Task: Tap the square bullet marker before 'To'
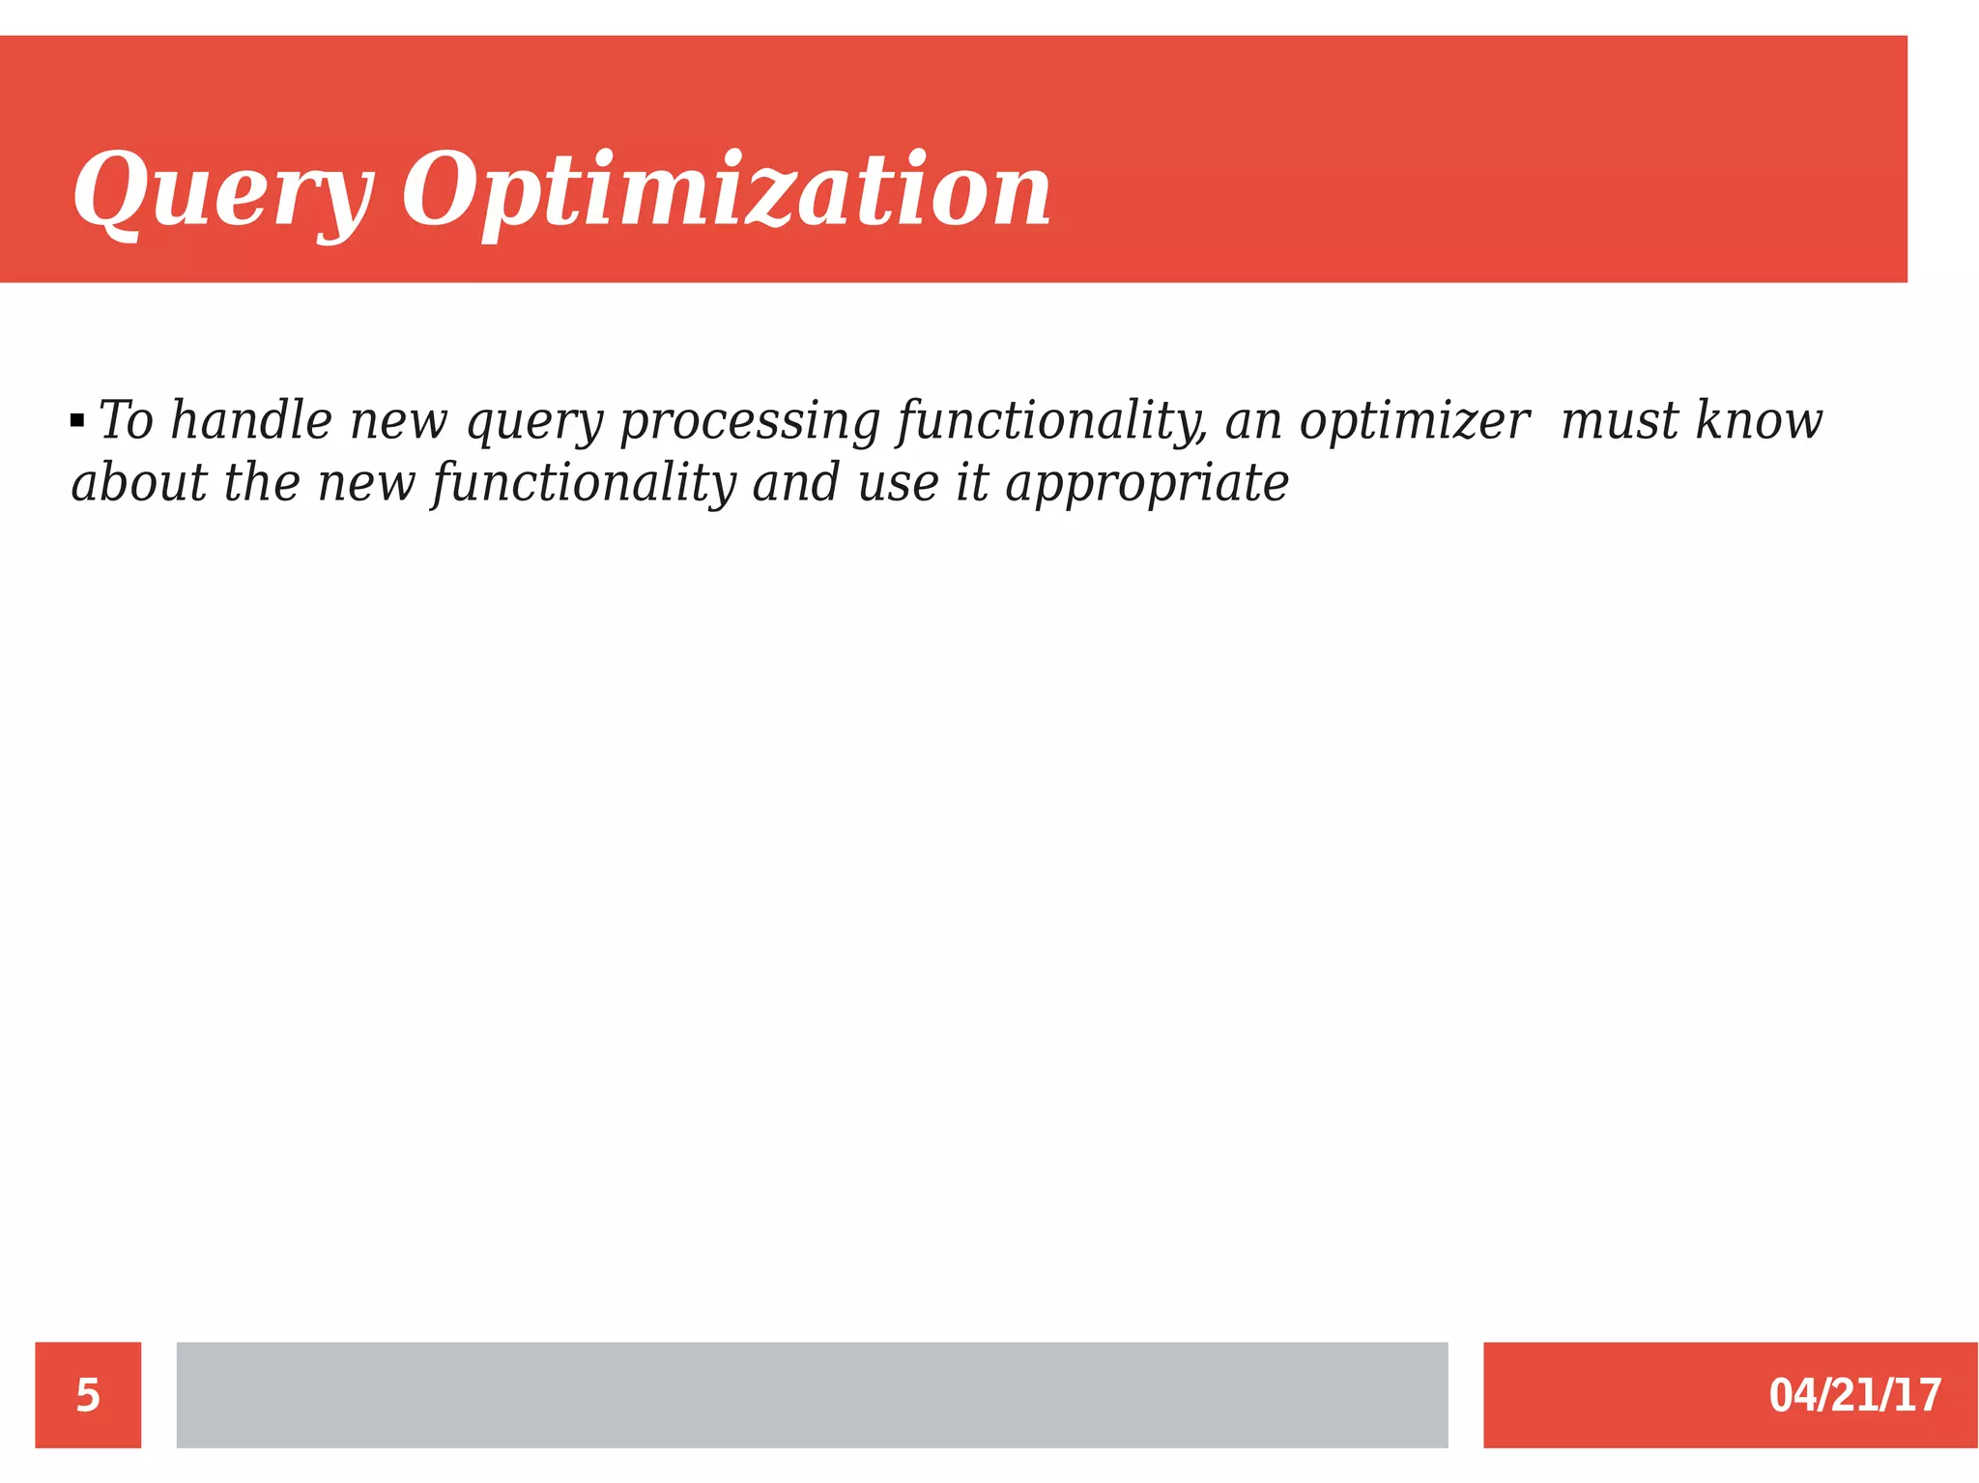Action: click(x=77, y=421)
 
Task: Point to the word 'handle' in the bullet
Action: click(x=251, y=421)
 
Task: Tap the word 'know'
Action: click(x=1759, y=421)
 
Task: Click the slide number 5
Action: click(x=88, y=1395)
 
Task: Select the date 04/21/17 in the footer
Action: click(x=1854, y=1395)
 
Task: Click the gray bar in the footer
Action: click(x=812, y=1394)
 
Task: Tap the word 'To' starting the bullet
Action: click(x=127, y=421)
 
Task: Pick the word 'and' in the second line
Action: click(x=796, y=482)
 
